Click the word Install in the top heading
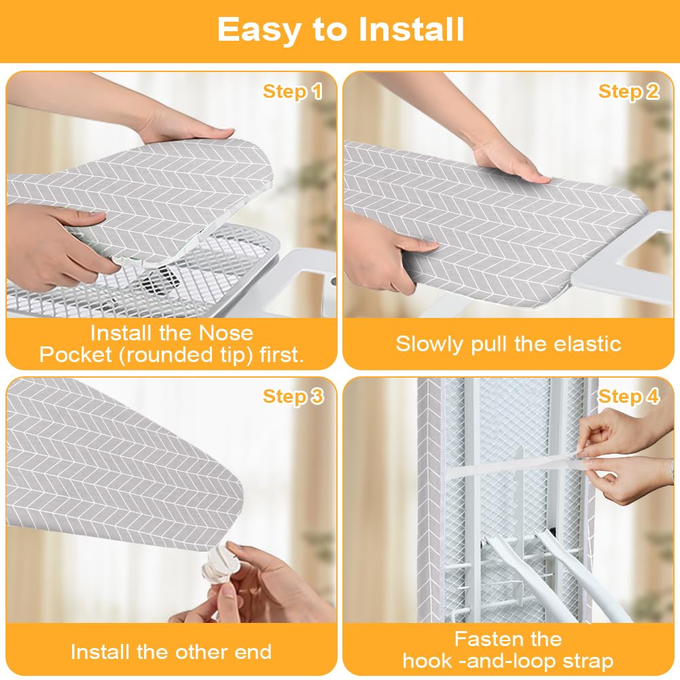click(x=412, y=29)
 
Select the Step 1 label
click(x=293, y=92)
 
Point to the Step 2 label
click(x=628, y=92)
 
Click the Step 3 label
click(x=293, y=397)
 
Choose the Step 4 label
click(x=628, y=397)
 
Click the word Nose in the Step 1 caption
click(x=226, y=333)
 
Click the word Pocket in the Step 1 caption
click(x=75, y=355)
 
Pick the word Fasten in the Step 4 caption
click(x=488, y=639)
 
